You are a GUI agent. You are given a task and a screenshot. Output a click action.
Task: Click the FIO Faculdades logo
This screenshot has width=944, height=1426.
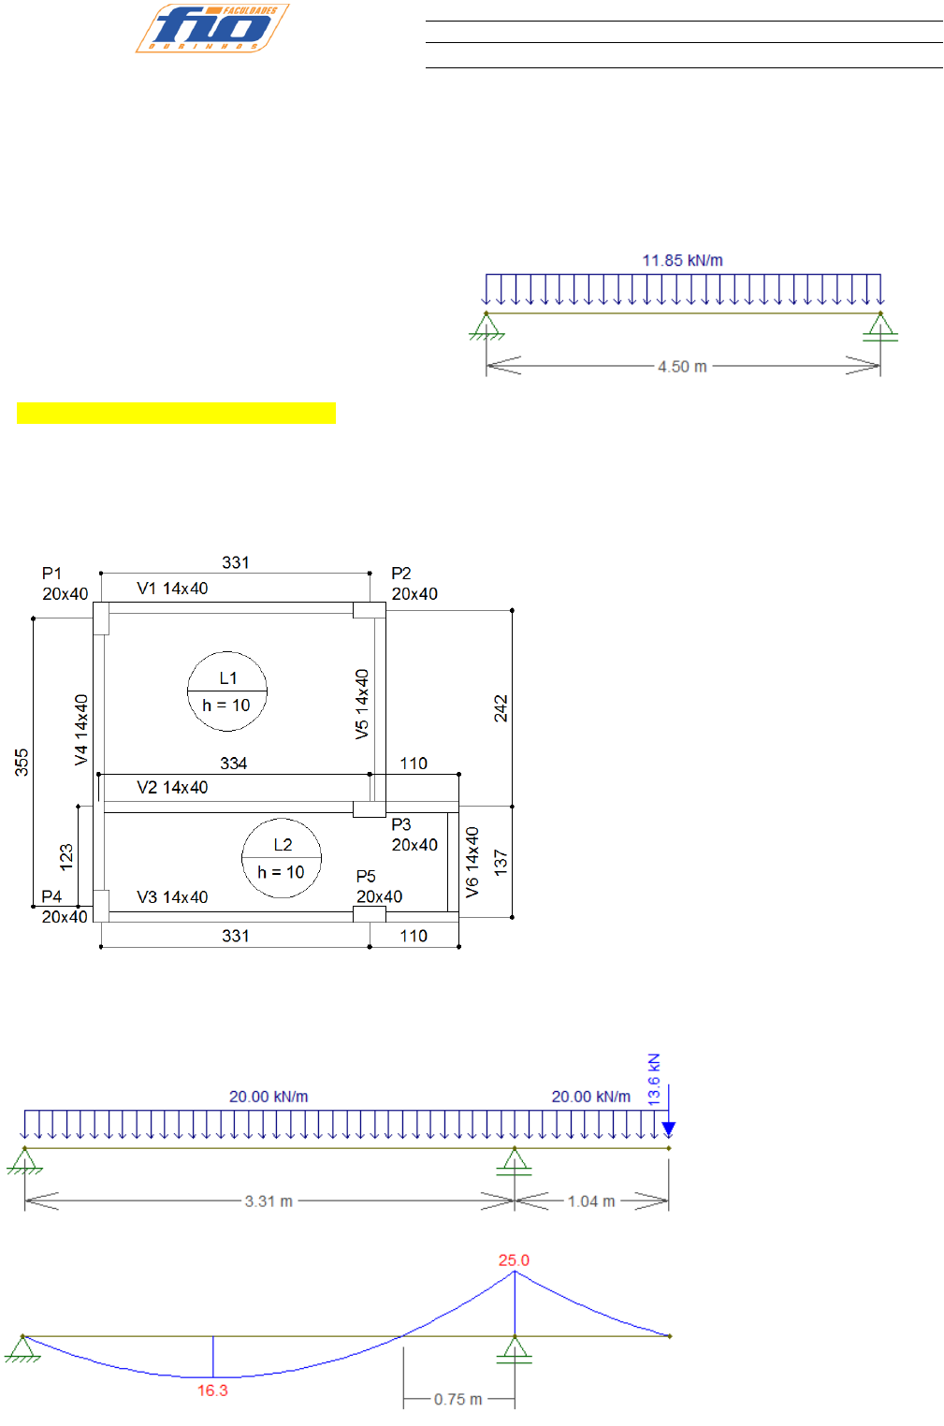pos(212,28)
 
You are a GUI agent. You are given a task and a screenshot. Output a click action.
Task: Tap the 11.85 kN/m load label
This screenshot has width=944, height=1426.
pos(682,260)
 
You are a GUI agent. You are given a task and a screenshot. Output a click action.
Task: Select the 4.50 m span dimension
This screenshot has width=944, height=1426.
pos(682,367)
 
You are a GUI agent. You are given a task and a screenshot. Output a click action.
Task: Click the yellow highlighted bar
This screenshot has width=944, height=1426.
pos(176,413)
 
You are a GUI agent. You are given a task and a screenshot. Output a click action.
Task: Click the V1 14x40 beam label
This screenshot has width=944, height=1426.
pos(172,589)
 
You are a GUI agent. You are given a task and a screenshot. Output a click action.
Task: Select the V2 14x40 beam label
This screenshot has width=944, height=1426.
pos(172,788)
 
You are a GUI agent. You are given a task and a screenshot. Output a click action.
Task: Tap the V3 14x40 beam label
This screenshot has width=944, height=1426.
pos(172,897)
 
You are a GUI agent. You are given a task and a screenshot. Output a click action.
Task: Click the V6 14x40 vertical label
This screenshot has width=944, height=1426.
pos(472,862)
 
